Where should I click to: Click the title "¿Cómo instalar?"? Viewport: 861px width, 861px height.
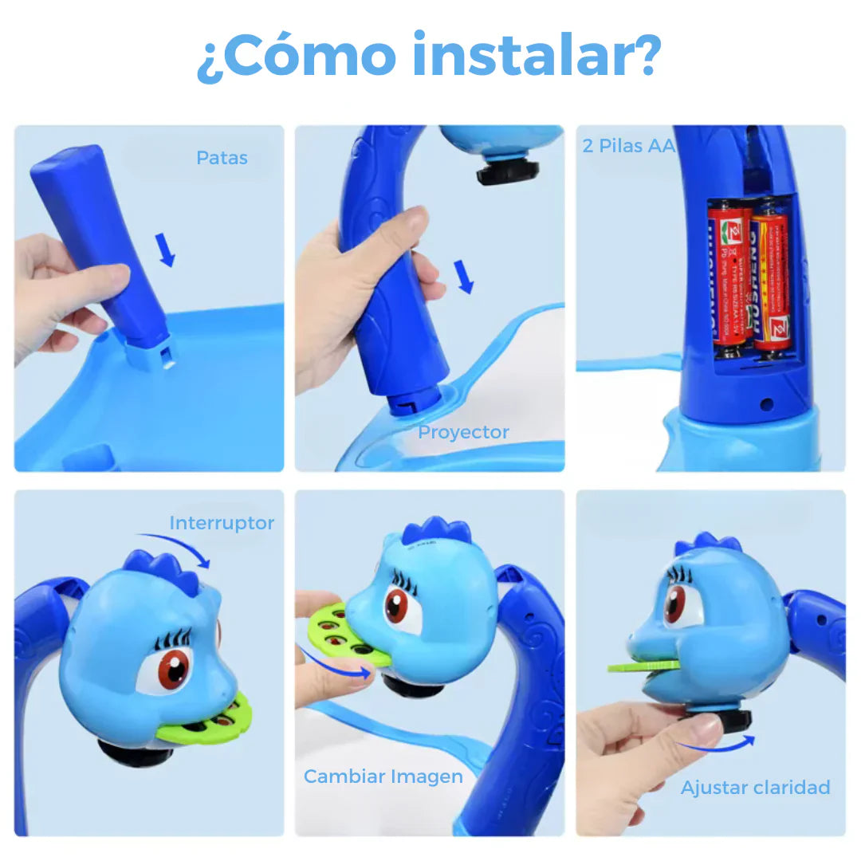point(429,56)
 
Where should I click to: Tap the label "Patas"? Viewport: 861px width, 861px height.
point(222,158)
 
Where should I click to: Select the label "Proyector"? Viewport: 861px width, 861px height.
point(463,432)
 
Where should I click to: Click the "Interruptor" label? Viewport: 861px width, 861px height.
point(222,523)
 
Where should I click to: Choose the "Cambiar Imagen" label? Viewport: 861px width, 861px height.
point(383,776)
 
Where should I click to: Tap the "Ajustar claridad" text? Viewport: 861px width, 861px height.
point(755,788)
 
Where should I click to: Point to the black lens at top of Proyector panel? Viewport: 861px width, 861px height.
point(507,171)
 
